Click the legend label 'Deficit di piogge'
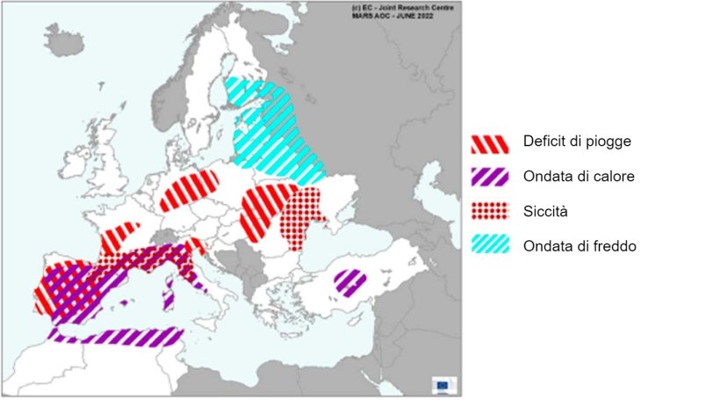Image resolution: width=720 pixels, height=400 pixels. [x=576, y=142]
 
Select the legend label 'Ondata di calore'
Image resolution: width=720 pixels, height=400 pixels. [x=579, y=177]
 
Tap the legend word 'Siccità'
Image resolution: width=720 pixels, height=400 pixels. [x=545, y=212]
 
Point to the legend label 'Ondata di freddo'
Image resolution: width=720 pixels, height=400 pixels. [x=579, y=246]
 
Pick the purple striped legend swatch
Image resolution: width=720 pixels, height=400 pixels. [x=490, y=177]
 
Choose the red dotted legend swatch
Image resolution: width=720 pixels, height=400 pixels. [x=490, y=212]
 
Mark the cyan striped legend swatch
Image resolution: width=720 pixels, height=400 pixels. [x=490, y=246]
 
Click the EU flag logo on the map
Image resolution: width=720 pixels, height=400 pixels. [x=443, y=384]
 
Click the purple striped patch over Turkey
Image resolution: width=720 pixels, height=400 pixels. [x=350, y=283]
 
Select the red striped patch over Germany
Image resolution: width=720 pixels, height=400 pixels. [x=190, y=189]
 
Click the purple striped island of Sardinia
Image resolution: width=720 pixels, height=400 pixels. [x=169, y=292]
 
